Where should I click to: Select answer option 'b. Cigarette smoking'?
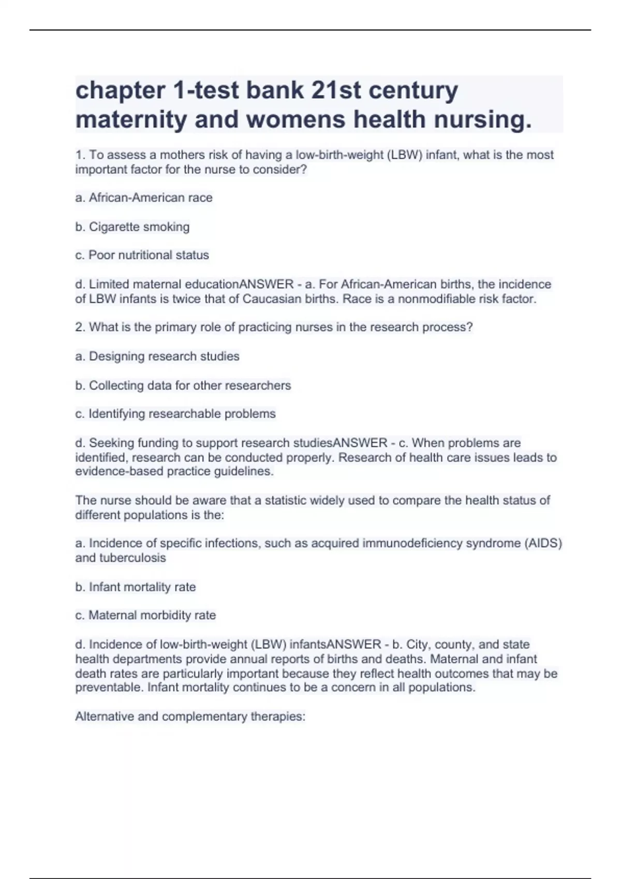132,227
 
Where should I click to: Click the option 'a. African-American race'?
144,198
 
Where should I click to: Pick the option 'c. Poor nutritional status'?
142,255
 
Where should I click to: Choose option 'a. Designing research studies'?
157,357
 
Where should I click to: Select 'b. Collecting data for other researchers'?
183,386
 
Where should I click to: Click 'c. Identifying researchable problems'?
175,414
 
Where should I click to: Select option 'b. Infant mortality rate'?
136,587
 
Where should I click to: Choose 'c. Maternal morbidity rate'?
145,616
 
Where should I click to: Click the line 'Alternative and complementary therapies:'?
190,717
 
